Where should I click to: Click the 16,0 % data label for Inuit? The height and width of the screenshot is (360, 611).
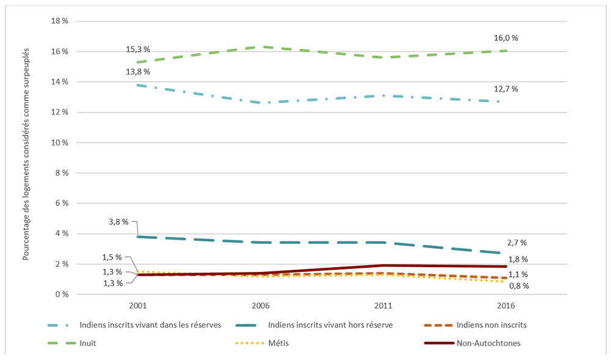[506, 38]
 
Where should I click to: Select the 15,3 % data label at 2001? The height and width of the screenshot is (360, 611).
[139, 50]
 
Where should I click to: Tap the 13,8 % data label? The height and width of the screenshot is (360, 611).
[139, 72]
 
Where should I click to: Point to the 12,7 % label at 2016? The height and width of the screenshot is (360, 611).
[506, 89]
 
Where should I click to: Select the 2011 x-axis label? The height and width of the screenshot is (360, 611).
[382, 306]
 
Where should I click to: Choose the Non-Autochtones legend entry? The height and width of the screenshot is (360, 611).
[488, 343]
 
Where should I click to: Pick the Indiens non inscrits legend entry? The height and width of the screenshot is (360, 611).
[491, 325]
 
